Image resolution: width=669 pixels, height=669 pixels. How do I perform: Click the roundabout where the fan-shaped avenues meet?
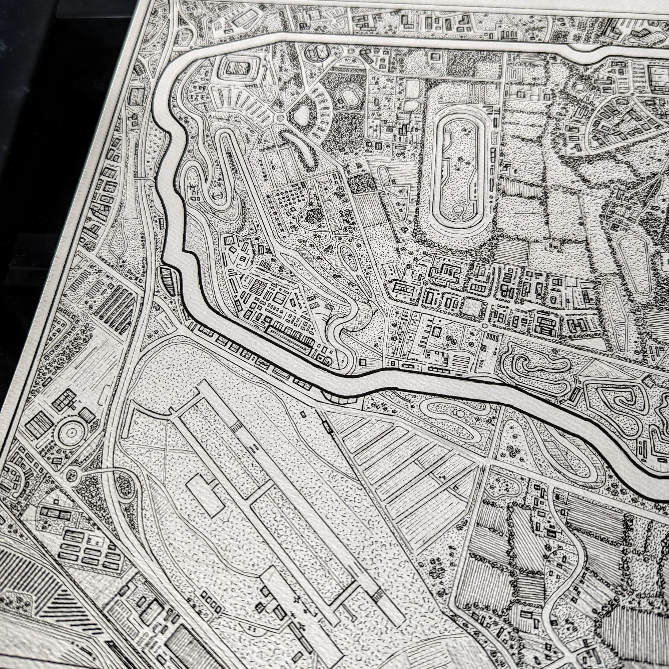(280, 118)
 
